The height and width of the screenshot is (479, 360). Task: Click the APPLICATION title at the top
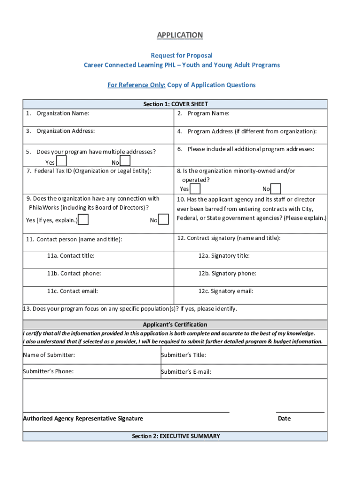point(180,35)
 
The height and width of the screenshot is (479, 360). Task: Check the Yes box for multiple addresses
point(61,161)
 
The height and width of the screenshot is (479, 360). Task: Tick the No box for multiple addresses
point(125,161)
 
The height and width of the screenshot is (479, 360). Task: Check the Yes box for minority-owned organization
point(195,189)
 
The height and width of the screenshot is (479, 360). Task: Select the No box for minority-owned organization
point(276,189)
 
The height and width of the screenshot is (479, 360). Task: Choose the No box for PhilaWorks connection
point(163,220)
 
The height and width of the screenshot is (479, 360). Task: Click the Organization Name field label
point(63,113)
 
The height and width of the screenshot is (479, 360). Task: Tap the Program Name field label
point(208,113)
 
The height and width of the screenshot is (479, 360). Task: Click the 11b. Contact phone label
point(73,273)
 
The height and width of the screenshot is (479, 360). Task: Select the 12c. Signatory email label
point(225,291)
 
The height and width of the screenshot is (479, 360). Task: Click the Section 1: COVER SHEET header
point(175,104)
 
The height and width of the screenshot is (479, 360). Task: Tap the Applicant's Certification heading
point(175,324)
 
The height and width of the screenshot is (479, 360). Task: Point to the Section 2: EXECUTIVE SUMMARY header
point(175,436)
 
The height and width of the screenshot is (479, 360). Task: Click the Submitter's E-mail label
point(186,372)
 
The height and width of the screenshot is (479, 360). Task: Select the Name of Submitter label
point(49,355)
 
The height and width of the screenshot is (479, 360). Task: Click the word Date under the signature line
point(284,418)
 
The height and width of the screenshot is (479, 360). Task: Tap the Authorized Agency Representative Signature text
point(83,418)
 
